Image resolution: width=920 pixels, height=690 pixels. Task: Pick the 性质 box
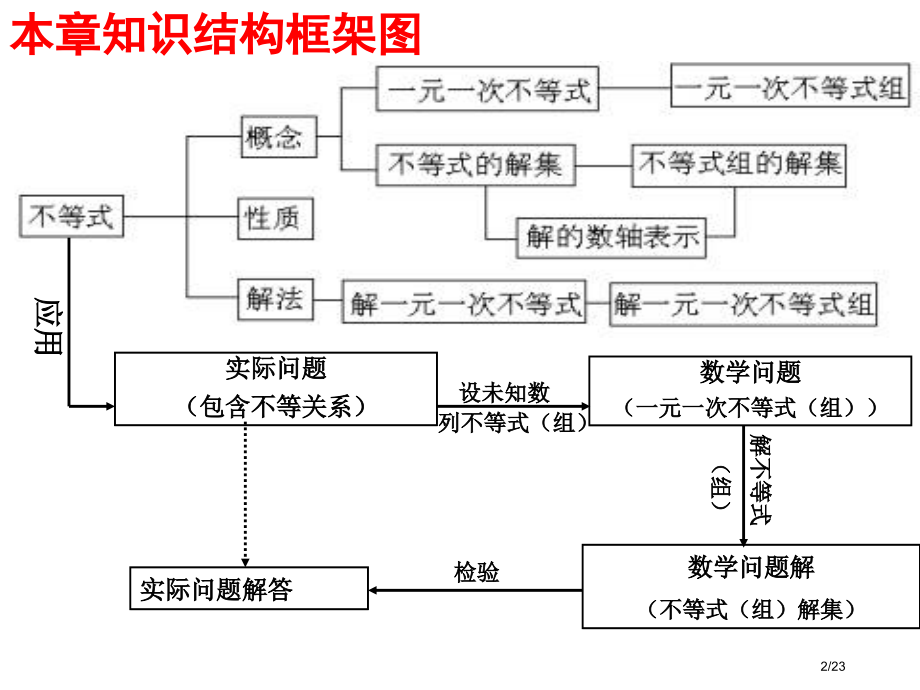(x=273, y=217)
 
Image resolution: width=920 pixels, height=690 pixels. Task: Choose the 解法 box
(x=273, y=298)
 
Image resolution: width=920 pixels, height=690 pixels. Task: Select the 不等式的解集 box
(x=475, y=166)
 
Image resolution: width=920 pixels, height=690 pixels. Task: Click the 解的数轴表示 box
(x=611, y=238)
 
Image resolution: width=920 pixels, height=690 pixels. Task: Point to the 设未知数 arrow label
(x=504, y=392)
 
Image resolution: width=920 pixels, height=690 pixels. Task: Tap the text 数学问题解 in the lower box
(x=750, y=567)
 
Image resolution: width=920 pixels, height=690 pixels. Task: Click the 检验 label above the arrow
(x=476, y=572)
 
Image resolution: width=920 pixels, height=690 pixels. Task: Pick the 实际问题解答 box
(x=249, y=588)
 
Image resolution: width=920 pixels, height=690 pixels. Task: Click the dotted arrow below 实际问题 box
(x=246, y=495)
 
